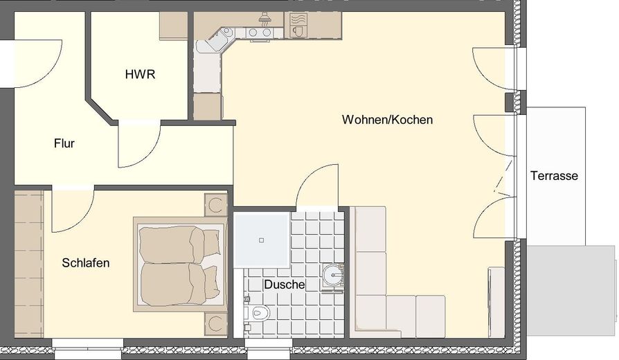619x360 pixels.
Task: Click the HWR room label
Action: (x=140, y=75)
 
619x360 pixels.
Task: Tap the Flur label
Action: (x=64, y=144)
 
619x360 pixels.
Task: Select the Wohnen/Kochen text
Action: (x=387, y=120)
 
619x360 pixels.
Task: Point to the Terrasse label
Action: (x=554, y=176)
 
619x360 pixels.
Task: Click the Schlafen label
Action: (x=86, y=263)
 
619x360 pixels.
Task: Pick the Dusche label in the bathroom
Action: (x=284, y=285)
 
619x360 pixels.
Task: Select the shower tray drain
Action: (x=262, y=240)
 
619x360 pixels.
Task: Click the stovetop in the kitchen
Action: (x=260, y=32)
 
